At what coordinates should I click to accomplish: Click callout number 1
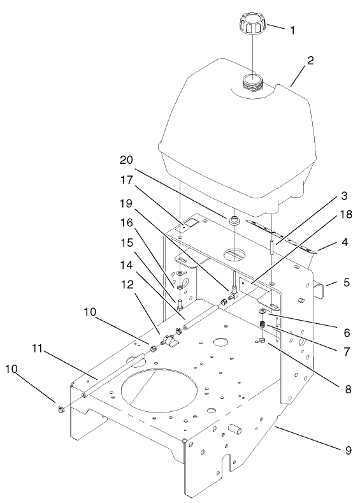(292, 29)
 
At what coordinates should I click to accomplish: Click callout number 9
(347, 451)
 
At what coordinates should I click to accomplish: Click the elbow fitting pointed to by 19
(231, 293)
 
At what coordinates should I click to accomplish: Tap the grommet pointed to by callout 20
(235, 221)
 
